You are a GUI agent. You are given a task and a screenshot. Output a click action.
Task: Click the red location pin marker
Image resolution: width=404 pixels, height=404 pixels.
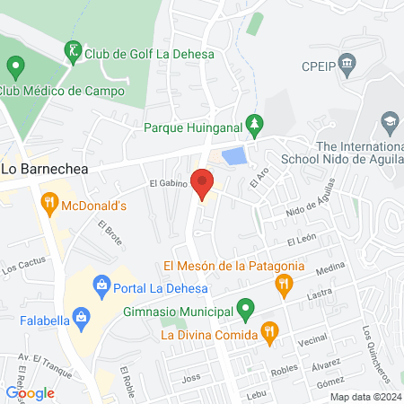tap(203, 184)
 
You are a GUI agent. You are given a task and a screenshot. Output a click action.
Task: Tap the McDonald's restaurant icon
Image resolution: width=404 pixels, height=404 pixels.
tap(48, 205)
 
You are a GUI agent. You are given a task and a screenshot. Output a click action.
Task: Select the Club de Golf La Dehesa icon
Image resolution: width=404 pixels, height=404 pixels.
tap(72, 52)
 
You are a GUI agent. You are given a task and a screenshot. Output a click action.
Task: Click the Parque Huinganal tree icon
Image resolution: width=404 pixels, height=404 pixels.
tap(256, 125)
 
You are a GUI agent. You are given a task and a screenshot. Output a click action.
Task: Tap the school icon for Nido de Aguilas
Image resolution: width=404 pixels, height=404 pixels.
tap(390, 122)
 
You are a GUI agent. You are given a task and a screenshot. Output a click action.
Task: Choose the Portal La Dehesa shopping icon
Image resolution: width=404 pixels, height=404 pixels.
tap(102, 287)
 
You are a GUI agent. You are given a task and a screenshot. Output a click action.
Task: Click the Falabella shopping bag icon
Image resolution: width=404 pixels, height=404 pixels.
tap(82, 316)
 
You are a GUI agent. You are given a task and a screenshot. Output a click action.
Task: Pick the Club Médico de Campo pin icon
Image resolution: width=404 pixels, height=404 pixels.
tap(14, 66)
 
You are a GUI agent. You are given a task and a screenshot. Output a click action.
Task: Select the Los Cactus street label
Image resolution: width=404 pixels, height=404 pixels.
tap(21, 267)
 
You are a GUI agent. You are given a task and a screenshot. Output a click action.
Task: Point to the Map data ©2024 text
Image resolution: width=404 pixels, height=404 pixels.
tap(364, 397)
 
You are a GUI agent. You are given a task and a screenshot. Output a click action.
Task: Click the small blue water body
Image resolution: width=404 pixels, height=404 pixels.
tap(233, 156)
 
